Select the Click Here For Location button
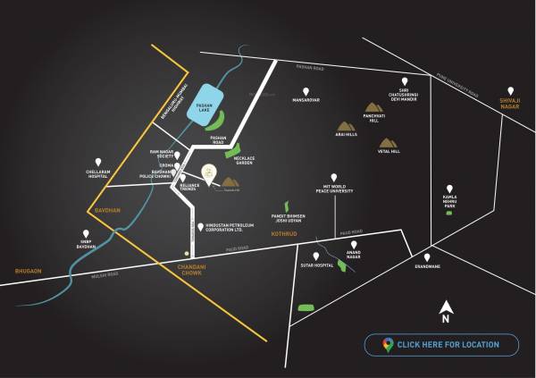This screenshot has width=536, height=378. click(x=441, y=345)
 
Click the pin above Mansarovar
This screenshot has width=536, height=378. click(x=306, y=91)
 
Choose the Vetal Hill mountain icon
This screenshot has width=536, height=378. click(x=389, y=142)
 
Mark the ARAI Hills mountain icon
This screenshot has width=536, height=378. click(x=345, y=125)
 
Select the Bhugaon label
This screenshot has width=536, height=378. click(x=29, y=269)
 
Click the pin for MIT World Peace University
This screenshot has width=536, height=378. click(x=334, y=178)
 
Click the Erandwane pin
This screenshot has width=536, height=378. click(x=427, y=256)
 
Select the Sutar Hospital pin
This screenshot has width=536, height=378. click(x=316, y=256)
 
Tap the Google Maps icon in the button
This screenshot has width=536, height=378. click(x=388, y=345)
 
